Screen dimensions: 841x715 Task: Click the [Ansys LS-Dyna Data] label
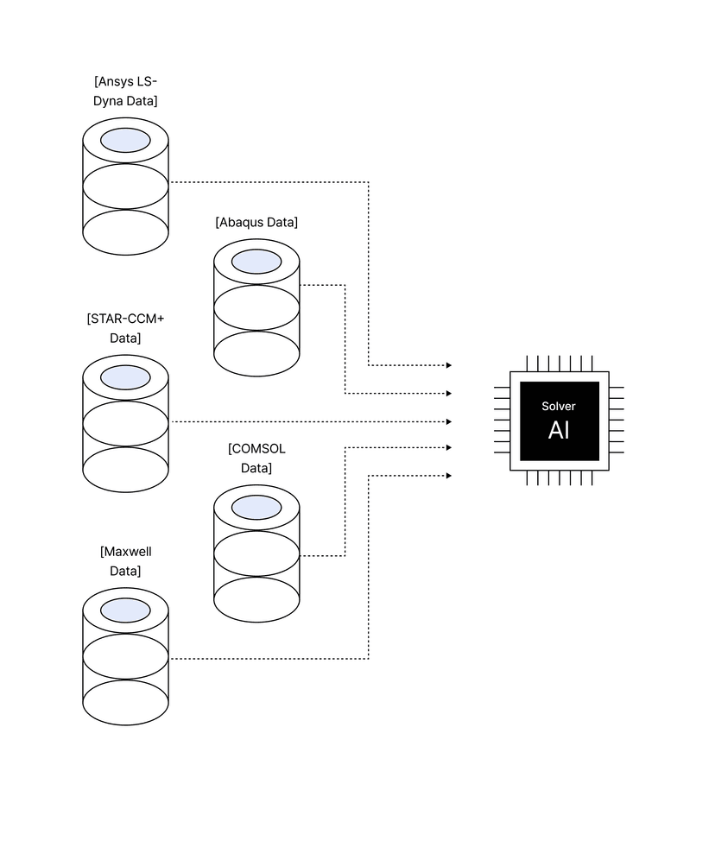125,92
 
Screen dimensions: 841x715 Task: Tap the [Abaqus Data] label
256,222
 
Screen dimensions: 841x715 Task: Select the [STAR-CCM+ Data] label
125,328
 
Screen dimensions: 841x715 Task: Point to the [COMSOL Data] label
256,458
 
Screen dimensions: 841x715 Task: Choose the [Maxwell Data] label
125,561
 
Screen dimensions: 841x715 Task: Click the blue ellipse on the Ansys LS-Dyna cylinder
125,140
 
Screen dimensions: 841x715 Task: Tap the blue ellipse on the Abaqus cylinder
256,262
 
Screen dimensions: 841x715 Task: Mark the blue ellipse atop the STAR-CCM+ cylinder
125,377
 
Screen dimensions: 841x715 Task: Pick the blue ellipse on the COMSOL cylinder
256,508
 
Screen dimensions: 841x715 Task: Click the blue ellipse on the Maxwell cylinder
125,610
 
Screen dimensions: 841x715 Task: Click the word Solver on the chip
559,406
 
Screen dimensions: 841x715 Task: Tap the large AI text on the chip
559,430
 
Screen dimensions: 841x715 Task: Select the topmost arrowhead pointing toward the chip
448,365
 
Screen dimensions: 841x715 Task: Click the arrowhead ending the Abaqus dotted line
448,393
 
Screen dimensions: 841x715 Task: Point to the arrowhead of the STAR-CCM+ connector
448,421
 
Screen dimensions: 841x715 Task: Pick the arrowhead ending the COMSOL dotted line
448,447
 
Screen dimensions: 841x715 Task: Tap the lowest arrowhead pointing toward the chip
448,475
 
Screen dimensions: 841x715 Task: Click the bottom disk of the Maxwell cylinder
125,703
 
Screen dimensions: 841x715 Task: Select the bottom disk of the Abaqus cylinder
256,354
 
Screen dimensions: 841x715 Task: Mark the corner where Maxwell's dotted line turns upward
369,659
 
